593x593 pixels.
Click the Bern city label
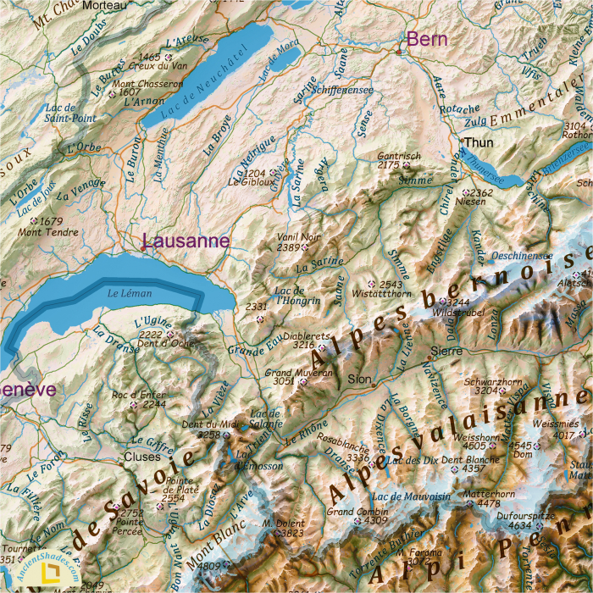point(427,39)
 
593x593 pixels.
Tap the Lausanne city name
point(186,241)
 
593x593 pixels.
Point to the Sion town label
point(360,379)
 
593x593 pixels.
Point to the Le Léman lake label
point(129,293)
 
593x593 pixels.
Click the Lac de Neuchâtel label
point(202,80)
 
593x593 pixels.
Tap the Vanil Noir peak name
point(299,237)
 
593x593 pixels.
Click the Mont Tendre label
point(42,231)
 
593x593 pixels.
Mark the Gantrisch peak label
point(399,156)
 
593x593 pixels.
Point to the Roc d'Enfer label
point(137,394)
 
